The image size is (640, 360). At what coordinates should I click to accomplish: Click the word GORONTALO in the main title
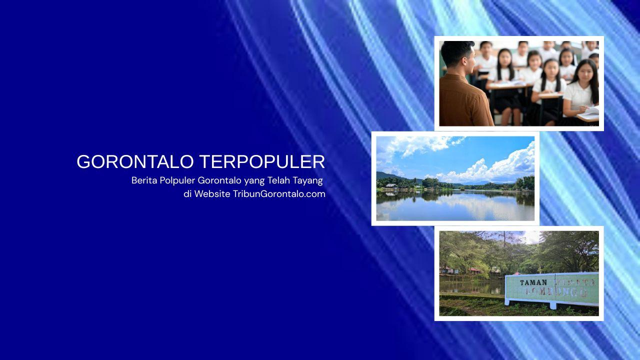(x=135, y=162)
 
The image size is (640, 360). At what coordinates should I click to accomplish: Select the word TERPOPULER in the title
(x=262, y=162)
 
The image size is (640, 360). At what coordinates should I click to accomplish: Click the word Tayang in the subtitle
(x=307, y=180)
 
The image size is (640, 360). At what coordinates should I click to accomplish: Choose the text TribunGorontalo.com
(x=279, y=194)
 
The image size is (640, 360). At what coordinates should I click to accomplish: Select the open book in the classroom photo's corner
(x=590, y=113)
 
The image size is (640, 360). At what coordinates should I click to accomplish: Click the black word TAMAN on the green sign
(x=533, y=282)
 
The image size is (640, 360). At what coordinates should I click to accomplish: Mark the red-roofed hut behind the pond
(x=475, y=270)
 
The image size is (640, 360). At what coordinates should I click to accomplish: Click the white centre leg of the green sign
(x=553, y=305)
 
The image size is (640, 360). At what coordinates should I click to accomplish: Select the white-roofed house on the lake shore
(x=391, y=185)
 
